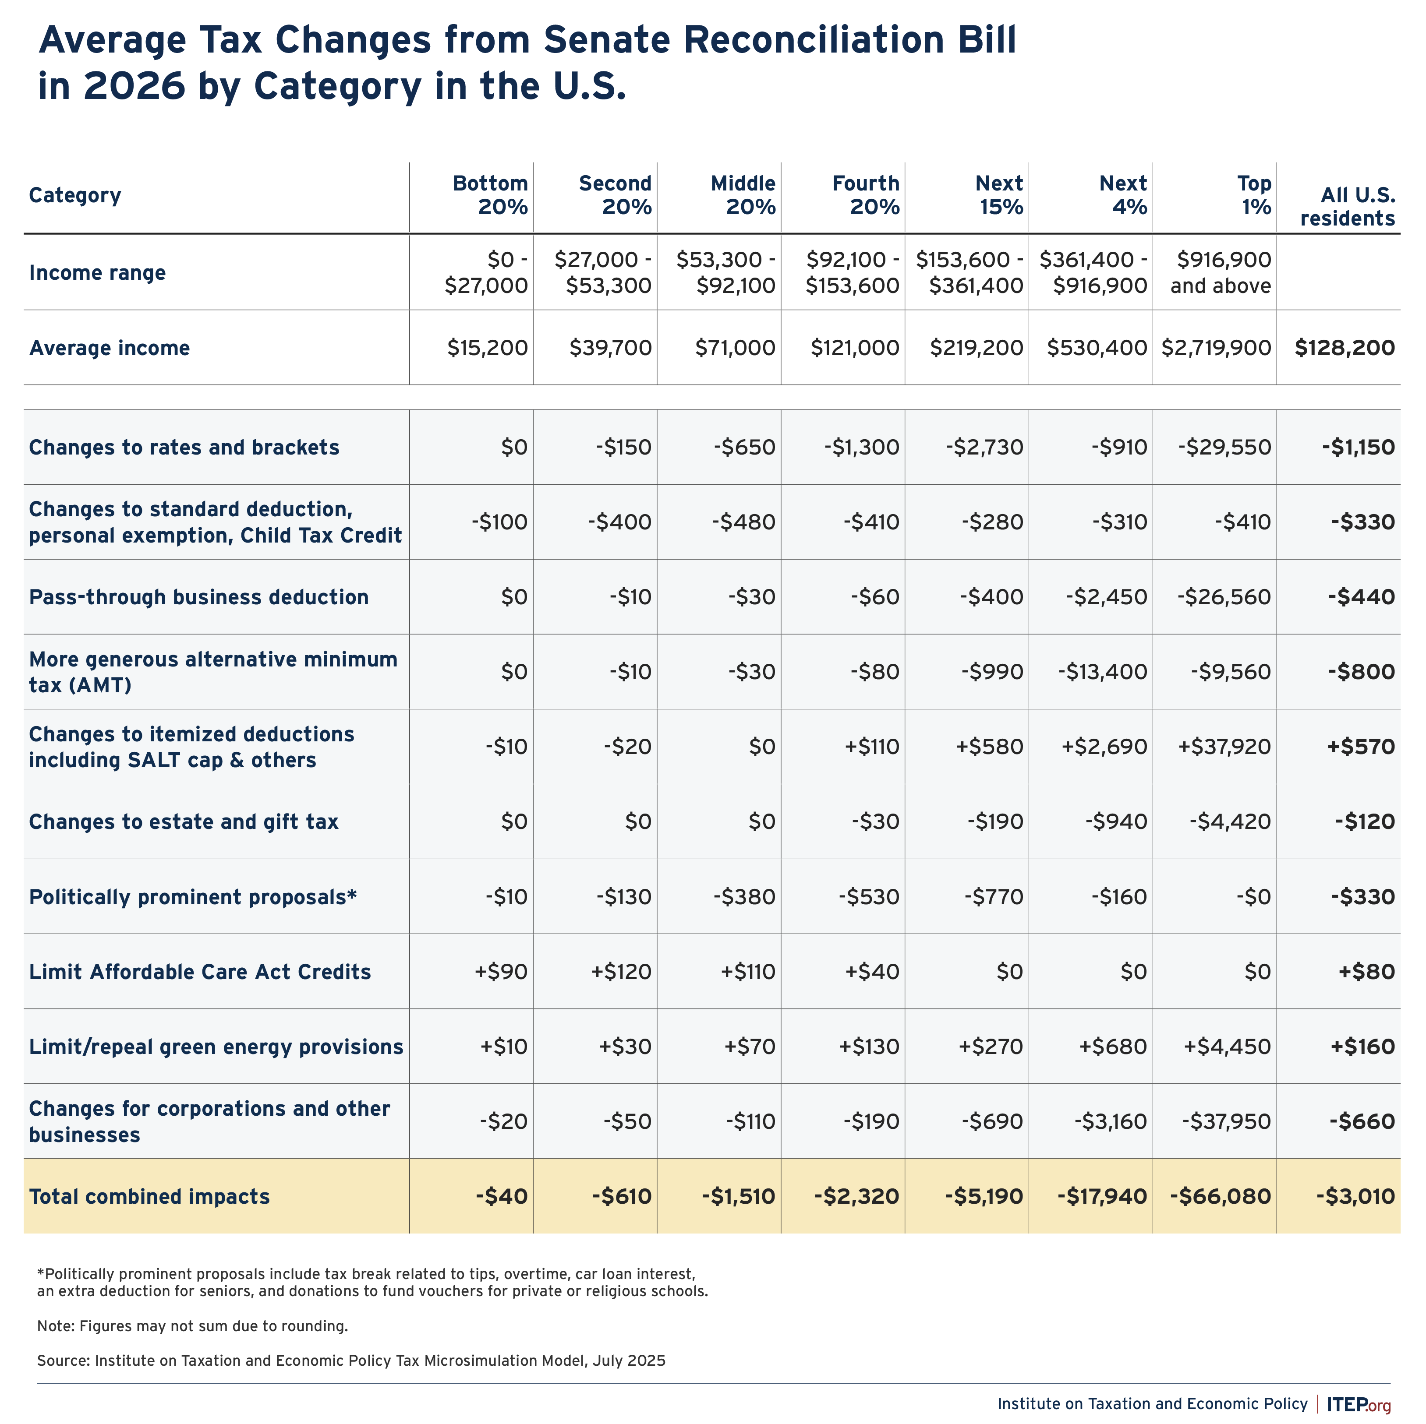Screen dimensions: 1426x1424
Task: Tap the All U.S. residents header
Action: point(1348,207)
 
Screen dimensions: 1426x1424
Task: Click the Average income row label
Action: point(109,348)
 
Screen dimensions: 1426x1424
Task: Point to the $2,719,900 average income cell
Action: point(1217,348)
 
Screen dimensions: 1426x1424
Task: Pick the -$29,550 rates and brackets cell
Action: point(1224,447)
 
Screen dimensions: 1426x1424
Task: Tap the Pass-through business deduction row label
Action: point(198,597)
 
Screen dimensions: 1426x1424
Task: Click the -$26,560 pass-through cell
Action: point(1224,597)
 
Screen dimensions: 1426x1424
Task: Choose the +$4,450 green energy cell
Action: point(1228,1046)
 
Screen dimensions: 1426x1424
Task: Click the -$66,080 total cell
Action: point(1221,1196)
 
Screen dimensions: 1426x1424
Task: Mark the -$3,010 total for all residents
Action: point(1356,1196)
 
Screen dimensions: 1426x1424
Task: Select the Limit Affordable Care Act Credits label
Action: point(200,972)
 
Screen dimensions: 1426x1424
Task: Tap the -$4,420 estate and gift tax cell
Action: point(1231,821)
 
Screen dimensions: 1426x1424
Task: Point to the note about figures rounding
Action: point(193,1326)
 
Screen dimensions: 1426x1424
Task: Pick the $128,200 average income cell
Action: point(1345,348)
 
